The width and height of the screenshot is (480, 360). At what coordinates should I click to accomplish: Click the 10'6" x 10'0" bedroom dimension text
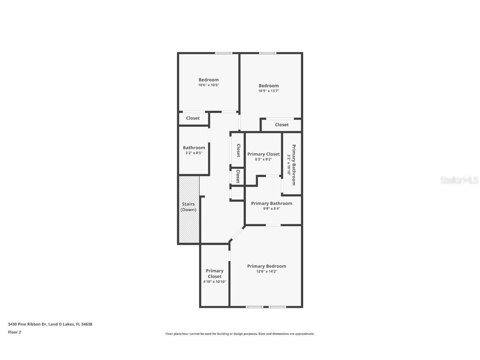208,85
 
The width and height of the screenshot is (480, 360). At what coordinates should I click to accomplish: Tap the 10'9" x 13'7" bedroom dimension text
268,91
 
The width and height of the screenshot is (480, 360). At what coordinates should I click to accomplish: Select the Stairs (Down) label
188,207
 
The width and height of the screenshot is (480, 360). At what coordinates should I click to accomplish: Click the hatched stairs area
189,225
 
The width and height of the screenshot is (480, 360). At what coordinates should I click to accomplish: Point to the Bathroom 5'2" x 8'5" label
194,150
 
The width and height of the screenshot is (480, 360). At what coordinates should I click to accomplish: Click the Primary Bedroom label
267,266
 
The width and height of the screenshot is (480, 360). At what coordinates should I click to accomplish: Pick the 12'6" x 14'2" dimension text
267,271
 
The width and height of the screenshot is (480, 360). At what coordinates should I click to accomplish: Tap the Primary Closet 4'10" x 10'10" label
215,276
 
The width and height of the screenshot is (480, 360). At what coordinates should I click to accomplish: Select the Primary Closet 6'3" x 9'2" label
263,156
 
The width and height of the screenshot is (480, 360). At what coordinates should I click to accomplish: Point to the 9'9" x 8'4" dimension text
271,209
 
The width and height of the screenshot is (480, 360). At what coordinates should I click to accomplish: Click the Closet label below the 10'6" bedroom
192,118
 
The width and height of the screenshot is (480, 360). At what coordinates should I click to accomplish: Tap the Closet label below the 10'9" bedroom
282,125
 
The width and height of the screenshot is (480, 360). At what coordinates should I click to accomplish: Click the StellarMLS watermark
459,180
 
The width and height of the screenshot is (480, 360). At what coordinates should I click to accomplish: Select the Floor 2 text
14,332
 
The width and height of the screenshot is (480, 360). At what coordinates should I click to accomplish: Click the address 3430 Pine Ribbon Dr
50,324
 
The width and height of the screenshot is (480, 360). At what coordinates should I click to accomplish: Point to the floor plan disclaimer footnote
240,334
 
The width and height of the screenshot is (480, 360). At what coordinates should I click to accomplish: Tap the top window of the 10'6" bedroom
223,53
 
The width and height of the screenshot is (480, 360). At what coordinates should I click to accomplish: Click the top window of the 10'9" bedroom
267,53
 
